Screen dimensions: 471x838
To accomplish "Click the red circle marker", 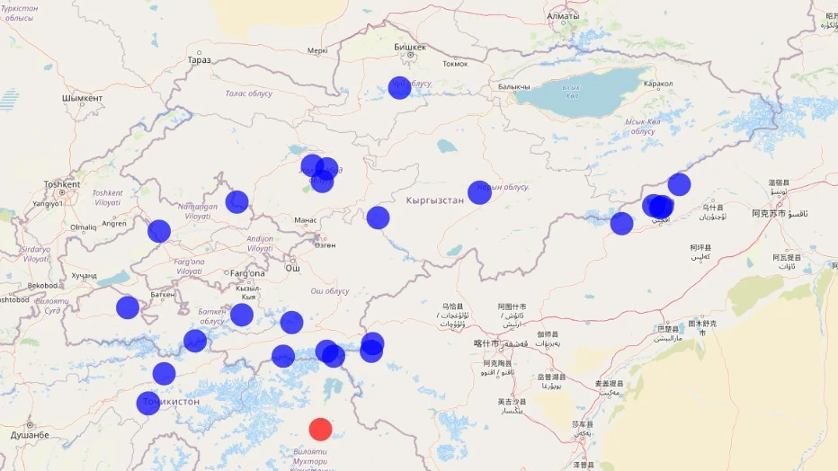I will [320, 429].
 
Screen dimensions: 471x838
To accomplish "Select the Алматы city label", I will [563, 16].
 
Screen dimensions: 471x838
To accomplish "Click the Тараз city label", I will [200, 60].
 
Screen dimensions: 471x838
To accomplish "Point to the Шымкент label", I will [82, 98].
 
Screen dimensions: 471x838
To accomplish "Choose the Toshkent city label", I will [62, 184].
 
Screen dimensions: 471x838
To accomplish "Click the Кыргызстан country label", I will [434, 200].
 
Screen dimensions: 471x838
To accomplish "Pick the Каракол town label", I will [658, 84].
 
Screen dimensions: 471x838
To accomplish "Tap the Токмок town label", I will [456, 64].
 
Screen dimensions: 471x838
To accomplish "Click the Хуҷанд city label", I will [85, 275].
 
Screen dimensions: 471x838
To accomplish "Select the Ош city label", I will [292, 268].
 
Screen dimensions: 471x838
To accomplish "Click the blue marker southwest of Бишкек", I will [399, 87].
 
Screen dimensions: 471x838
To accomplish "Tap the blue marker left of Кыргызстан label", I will [378, 217].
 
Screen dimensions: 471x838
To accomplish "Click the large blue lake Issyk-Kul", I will [575, 97].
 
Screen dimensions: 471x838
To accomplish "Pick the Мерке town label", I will [317, 51].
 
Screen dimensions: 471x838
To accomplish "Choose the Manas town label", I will [306, 220].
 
